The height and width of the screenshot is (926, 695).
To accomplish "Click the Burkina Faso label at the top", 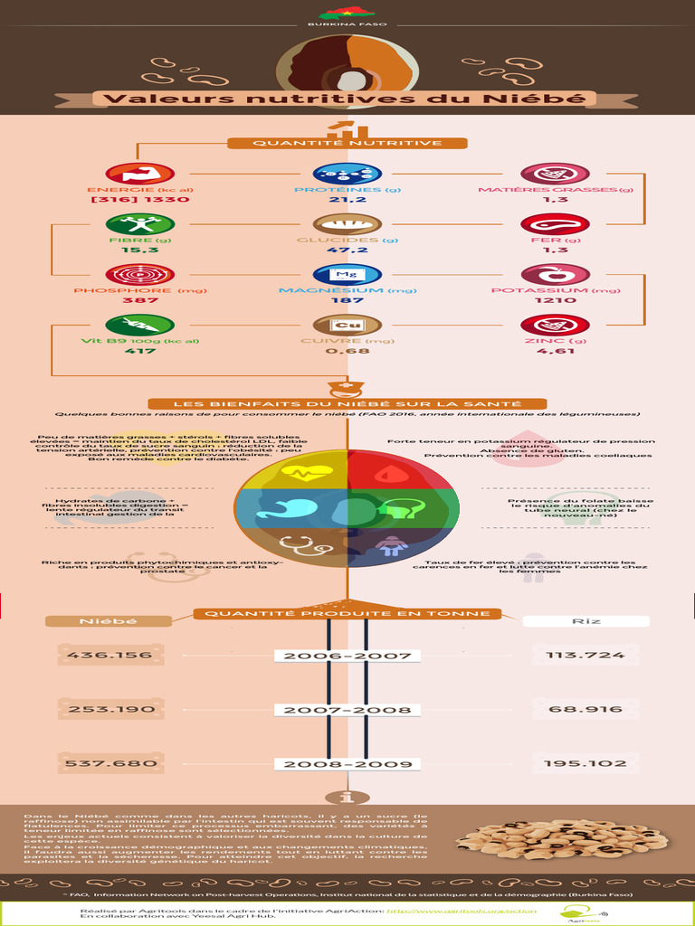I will (347, 24).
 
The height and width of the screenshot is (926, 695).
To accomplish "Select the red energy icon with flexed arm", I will (139, 174).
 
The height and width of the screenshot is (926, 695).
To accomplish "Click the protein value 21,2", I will (347, 200).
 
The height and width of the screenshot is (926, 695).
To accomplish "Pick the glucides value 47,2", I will (347, 250).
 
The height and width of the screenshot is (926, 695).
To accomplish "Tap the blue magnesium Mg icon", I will (347, 274).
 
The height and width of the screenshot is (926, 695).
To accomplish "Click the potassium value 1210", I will (555, 300).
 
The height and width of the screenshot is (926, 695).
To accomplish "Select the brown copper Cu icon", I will (347, 325).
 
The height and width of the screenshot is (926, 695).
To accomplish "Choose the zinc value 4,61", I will (555, 351).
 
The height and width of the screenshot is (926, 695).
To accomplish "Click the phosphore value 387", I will (139, 300).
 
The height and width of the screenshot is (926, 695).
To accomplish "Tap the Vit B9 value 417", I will (139, 351).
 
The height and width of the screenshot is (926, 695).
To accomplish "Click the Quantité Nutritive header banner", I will (347, 143).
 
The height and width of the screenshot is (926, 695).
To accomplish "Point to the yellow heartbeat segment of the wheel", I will (308, 470).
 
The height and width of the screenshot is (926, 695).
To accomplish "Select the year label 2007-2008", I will (347, 710).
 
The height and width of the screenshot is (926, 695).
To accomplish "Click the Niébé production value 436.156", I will (110, 656).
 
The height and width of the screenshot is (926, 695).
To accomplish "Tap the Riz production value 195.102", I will (586, 764).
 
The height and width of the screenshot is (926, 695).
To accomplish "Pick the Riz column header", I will (586, 621).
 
